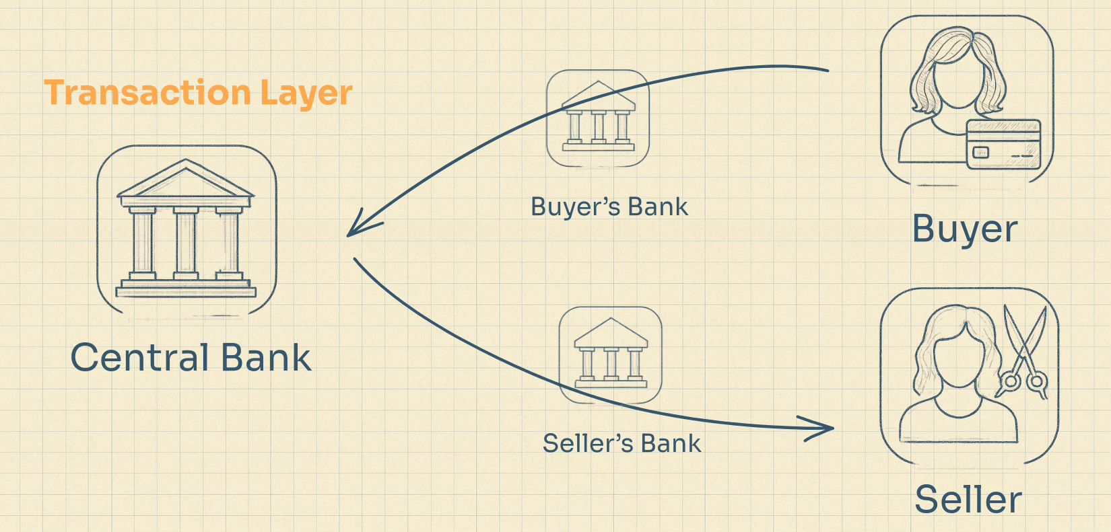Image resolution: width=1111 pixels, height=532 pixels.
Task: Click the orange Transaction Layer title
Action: pos(198,93)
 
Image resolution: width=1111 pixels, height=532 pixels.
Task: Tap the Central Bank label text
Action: pos(191,357)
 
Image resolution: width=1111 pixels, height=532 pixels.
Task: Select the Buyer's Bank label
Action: pos(609,207)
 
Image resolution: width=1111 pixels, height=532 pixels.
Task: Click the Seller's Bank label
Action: pos(621,444)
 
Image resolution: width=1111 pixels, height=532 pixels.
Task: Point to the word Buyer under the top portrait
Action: pos(964,230)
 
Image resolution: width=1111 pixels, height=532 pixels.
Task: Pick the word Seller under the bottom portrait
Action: pos(968,500)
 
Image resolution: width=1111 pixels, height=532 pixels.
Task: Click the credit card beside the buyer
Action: pos(1003,143)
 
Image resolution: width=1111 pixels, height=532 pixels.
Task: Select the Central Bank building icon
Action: pos(186,229)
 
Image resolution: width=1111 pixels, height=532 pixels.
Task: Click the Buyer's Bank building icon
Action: pos(598,117)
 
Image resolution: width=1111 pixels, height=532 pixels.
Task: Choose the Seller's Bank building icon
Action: pos(611,354)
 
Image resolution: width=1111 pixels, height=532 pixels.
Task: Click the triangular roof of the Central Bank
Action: pos(186,180)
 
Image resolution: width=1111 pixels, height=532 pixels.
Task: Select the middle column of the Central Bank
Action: pos(186,242)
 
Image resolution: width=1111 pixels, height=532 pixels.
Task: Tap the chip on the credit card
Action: pos(981,153)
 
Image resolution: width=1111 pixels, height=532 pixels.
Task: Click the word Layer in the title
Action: pos(306,93)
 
